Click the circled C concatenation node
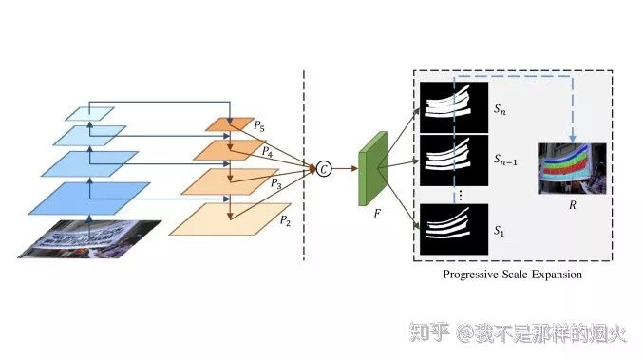tap(324, 169)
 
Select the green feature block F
tap(368, 172)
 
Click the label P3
tap(275, 184)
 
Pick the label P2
tap(285, 219)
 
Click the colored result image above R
tap(570, 167)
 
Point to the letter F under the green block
tap(376, 216)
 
